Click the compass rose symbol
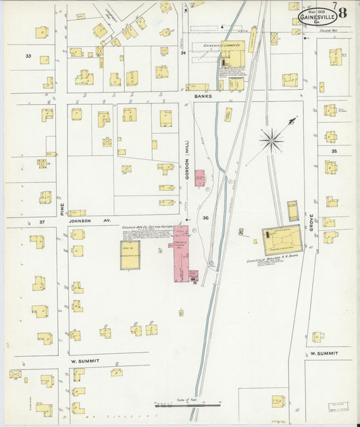272,140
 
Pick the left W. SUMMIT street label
85,361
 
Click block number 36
205,218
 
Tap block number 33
28,55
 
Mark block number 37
42,222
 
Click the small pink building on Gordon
200,178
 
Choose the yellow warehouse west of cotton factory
130,255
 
